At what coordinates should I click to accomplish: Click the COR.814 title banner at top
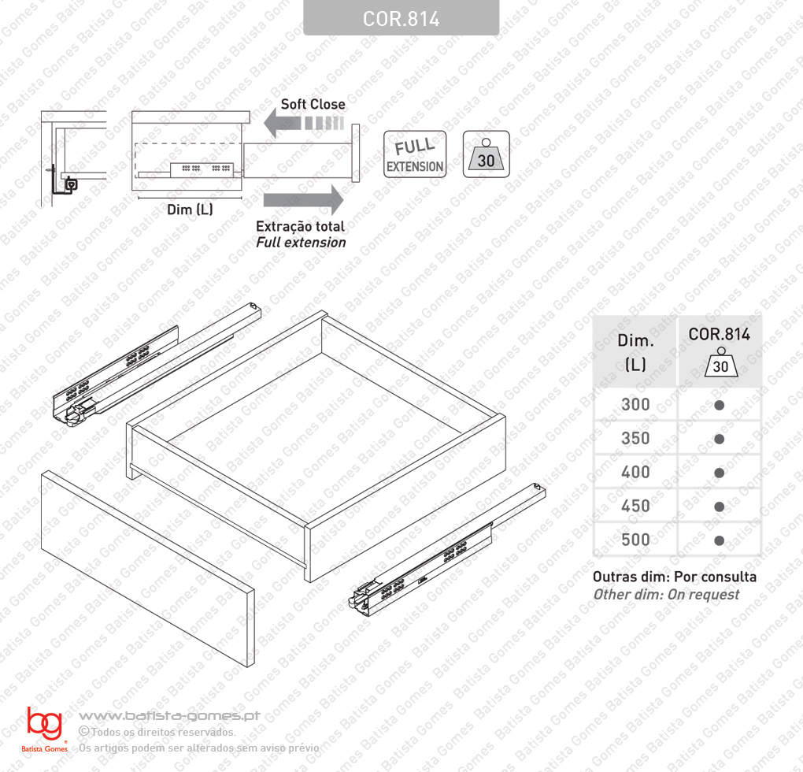(401, 18)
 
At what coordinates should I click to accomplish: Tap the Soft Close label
(313, 104)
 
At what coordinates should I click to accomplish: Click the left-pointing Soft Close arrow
(304, 124)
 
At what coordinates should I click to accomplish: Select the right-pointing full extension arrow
(303, 200)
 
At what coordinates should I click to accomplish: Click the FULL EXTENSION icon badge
(415, 154)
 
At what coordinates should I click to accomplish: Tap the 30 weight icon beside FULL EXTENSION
(486, 154)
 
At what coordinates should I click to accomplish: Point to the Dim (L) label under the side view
(190, 210)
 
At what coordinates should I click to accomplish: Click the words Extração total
(300, 226)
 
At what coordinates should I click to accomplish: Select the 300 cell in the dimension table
(635, 405)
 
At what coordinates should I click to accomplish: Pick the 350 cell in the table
(635, 439)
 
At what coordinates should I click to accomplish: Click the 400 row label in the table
(635, 473)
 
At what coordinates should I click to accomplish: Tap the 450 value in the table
(635, 506)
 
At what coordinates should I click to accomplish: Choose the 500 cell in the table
(635, 540)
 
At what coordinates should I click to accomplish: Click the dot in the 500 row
(719, 540)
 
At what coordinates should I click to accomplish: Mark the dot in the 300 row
(719, 405)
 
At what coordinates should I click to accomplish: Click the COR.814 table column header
(719, 351)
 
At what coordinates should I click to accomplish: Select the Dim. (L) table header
(635, 351)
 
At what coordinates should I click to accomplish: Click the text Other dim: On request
(666, 594)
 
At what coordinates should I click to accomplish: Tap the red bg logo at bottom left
(45, 723)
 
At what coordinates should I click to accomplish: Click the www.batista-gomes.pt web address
(169, 715)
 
